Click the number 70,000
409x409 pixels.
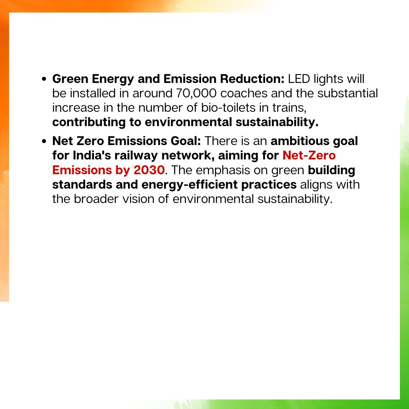pyautogui.click(x=199, y=94)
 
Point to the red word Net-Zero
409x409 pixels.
pyautogui.click(x=309, y=156)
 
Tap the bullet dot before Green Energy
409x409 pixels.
pyautogui.click(x=44, y=80)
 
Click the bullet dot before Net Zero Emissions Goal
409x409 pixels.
pyautogui.click(x=44, y=142)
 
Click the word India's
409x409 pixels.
pyautogui.click(x=95, y=156)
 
